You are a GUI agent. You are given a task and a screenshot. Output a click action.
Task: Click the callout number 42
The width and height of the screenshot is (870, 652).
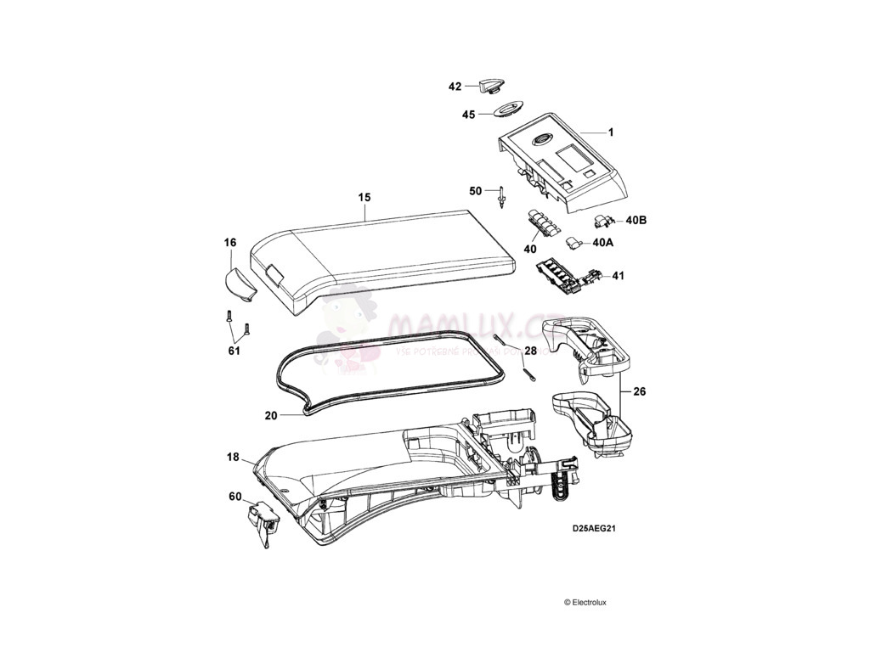pos(455,87)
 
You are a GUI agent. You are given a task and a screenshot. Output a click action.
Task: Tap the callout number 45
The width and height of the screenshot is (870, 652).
pos(468,114)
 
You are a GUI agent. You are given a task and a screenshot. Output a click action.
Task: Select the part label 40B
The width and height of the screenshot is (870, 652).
pos(636,221)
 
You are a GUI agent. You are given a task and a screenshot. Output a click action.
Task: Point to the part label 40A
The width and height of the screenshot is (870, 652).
pos(602,242)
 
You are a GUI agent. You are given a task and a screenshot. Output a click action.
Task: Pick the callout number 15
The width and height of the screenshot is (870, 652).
pos(364,197)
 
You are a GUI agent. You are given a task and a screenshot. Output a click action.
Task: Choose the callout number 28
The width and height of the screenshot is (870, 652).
pos(530,350)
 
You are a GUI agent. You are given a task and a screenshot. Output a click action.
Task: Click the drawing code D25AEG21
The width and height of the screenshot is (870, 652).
pos(593,527)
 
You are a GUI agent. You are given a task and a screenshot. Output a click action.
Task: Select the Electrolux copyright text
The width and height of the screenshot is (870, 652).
pos(585,602)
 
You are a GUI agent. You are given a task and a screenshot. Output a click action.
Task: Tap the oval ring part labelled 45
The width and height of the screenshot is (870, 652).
pos(505,110)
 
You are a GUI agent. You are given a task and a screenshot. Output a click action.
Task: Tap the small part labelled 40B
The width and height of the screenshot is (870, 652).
pos(604,222)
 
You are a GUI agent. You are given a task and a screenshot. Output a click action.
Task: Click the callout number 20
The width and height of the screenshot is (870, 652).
pos(271,416)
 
